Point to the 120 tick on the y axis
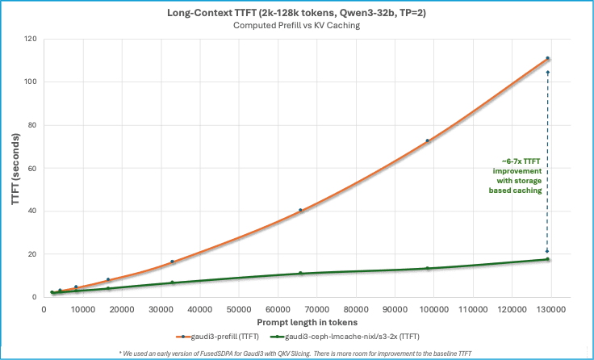pos(32,39)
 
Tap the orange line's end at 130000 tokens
pos(549,58)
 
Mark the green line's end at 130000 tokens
pos(549,258)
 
